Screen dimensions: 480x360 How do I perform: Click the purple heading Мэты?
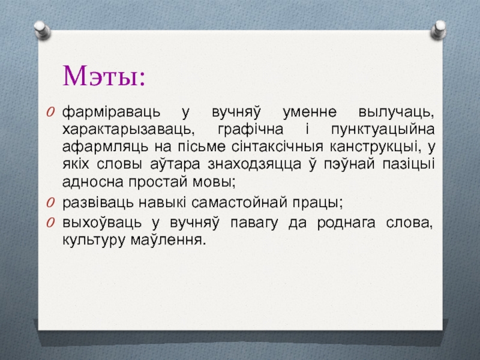click(x=104, y=76)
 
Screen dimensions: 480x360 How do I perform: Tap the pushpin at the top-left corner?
click(x=42, y=31)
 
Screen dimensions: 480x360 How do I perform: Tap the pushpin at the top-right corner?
click(x=439, y=29)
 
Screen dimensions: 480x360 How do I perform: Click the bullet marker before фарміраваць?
click(x=50, y=112)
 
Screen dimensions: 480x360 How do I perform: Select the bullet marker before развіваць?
click(x=50, y=203)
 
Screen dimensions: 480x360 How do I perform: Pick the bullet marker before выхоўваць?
click(x=50, y=223)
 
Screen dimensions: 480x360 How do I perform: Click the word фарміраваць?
click(x=111, y=113)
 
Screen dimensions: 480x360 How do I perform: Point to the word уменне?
click(x=310, y=113)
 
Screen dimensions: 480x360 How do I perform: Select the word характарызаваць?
click(x=128, y=130)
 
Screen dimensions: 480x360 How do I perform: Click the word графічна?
click(x=250, y=130)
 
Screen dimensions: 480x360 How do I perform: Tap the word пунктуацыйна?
click(x=383, y=130)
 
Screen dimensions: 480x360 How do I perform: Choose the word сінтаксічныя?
click(x=277, y=147)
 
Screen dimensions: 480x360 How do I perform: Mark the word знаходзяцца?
click(x=254, y=164)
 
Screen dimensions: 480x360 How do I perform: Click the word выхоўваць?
click(x=102, y=223)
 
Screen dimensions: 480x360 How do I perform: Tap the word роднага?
click(x=346, y=223)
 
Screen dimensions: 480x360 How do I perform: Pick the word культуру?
click(x=94, y=240)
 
